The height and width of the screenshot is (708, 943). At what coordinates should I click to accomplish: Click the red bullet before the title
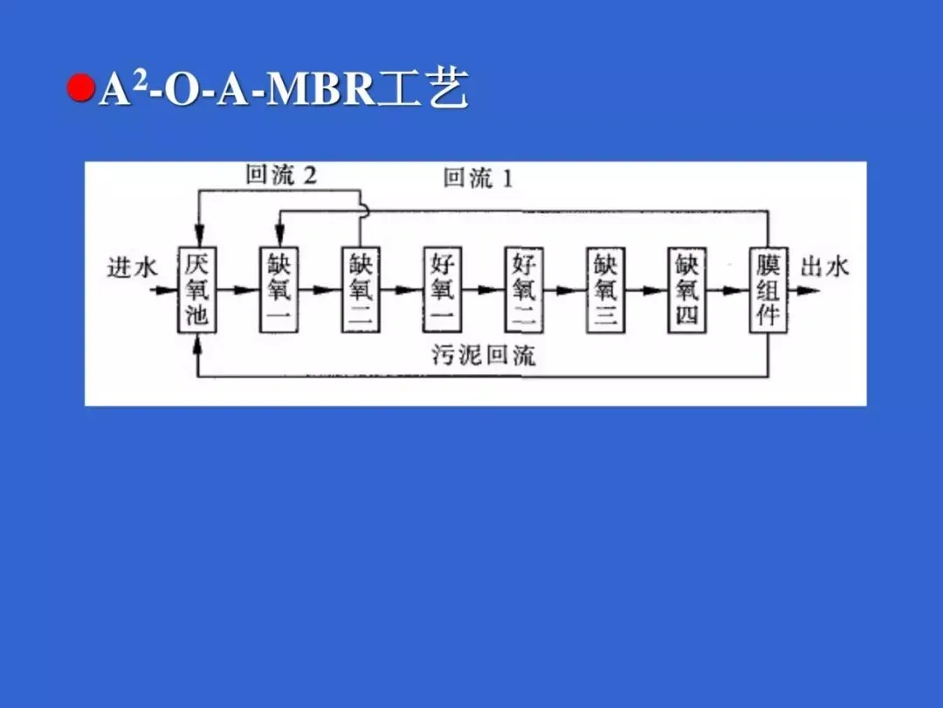pos(81,89)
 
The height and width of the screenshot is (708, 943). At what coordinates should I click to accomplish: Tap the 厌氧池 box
pos(197,289)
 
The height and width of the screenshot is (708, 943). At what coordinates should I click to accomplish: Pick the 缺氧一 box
pos(279,289)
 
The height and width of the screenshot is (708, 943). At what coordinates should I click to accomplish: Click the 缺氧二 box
pos(361,289)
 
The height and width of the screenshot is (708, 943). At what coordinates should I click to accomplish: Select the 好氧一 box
pos(443,289)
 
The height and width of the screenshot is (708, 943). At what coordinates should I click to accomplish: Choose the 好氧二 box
pos(524,289)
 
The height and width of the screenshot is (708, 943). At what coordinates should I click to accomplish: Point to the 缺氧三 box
pos(605,289)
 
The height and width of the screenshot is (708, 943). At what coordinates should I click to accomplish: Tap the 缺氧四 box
pos(686,289)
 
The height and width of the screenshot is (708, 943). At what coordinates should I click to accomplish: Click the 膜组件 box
pos(768,289)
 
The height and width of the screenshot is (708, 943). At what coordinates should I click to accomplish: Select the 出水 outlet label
pos(824,267)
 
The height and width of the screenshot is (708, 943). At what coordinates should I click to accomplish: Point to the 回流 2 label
pos(281,176)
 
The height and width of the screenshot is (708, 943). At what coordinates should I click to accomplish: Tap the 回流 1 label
pos(478,180)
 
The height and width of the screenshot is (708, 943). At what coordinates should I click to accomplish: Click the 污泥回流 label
pos(484,355)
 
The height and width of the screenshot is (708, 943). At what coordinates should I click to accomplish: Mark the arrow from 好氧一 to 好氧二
pos(483,290)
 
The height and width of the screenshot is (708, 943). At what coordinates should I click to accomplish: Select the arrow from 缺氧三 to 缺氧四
pos(646,290)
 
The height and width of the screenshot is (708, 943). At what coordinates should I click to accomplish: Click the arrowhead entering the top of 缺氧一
pos(279,238)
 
